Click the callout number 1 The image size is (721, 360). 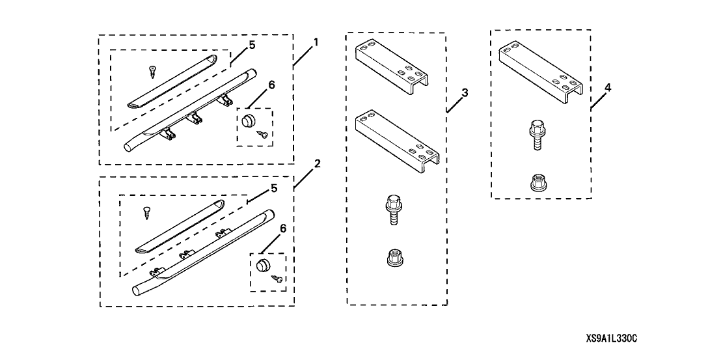click(x=316, y=42)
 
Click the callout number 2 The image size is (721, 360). click(x=317, y=164)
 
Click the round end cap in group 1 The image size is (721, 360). click(x=248, y=121)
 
